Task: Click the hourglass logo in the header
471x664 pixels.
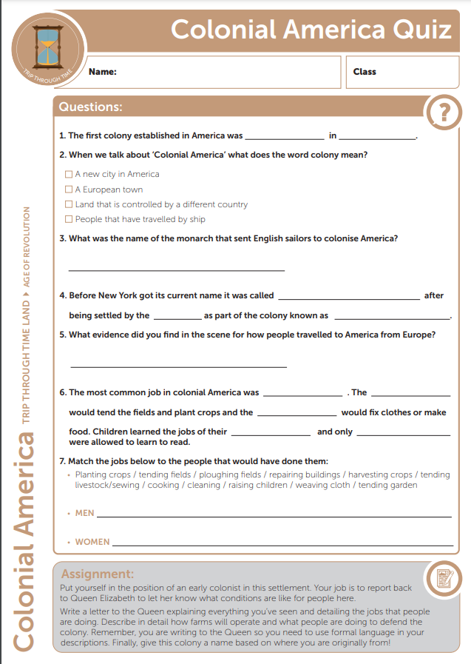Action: point(48,46)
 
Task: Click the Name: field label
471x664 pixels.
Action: point(102,72)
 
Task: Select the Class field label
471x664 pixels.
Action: point(365,72)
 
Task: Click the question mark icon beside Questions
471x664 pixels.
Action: point(443,113)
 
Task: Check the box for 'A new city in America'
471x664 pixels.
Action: point(69,175)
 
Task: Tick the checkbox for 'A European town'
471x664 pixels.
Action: point(69,190)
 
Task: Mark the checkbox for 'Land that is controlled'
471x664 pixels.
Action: point(69,204)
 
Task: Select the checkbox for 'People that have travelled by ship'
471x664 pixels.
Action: point(69,219)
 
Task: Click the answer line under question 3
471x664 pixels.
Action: point(176,269)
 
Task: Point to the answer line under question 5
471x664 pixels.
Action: point(178,366)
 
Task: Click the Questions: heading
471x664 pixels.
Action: point(90,107)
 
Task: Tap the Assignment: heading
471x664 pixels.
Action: point(98,574)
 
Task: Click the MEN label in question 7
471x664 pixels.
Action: point(84,513)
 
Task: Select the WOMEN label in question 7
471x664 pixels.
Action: point(92,542)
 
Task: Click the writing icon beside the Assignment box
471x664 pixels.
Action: point(444,578)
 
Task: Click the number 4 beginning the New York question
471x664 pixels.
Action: point(61,295)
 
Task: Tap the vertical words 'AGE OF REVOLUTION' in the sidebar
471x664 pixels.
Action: point(27,248)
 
